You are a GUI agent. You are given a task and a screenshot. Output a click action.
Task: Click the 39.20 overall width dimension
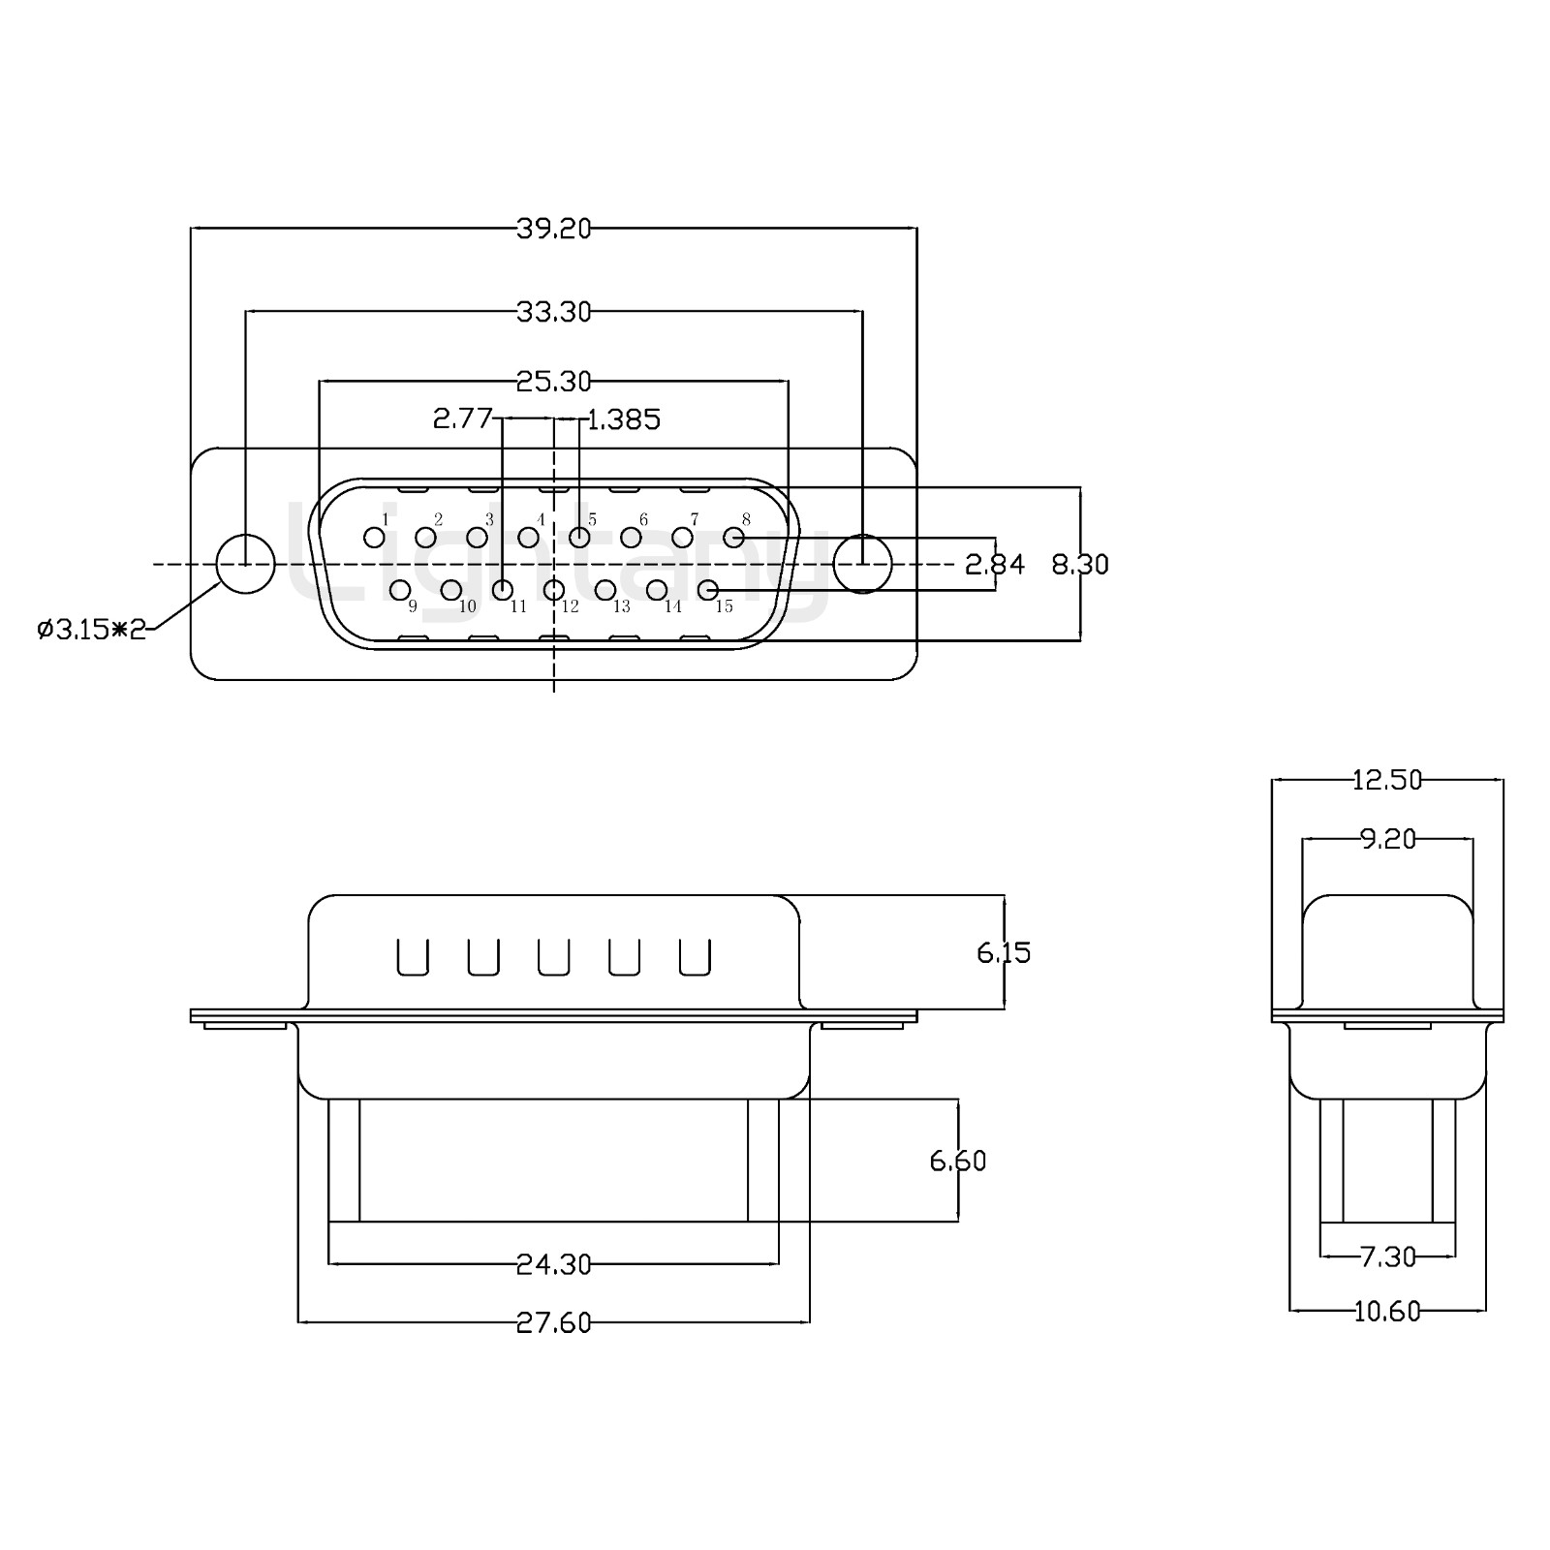pos(553,229)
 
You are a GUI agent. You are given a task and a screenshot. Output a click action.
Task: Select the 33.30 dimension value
pos(553,312)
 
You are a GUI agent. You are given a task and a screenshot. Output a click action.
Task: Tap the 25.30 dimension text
pos(553,382)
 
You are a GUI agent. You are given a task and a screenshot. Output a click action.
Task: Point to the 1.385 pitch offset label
pos(624,419)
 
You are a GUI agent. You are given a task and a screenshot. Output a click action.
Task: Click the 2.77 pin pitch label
pos(463,418)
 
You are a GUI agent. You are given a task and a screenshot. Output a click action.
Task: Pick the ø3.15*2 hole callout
pos(91,630)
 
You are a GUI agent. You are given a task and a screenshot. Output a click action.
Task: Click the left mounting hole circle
pos(245,564)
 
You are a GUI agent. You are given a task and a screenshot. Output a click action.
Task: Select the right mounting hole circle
pos(862,563)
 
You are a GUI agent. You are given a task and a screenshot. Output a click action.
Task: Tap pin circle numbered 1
pos(374,537)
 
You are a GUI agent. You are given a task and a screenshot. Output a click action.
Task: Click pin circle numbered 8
pos(733,537)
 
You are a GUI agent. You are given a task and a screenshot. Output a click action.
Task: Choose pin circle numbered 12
pos(554,589)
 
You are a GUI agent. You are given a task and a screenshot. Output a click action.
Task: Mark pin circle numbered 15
pos(708,589)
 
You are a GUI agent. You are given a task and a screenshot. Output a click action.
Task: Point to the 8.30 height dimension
pos(1080,564)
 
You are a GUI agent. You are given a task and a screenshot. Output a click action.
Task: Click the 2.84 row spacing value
pos(995,564)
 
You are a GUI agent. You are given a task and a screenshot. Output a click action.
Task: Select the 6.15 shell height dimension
pos(1004,953)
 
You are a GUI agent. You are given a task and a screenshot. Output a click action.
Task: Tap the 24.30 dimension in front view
pos(553,1264)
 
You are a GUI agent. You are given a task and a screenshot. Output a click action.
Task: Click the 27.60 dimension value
pos(553,1322)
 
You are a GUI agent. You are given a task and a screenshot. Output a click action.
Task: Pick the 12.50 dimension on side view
pos(1387,780)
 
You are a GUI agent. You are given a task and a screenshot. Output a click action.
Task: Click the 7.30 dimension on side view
pos(1387,1257)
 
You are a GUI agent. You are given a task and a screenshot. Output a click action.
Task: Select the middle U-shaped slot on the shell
pos(553,957)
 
